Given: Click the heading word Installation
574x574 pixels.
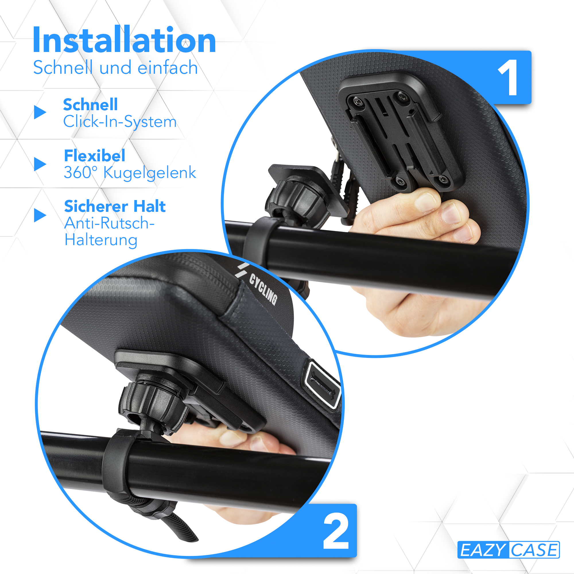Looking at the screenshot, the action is (124, 40).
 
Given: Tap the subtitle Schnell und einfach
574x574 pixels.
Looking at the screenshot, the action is (115, 67).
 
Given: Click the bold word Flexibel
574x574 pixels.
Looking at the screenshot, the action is (94, 155).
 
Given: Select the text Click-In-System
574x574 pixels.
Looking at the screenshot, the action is (120, 121).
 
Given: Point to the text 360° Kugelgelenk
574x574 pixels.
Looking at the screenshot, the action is (130, 173).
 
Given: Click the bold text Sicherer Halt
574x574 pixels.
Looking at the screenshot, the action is (115, 206).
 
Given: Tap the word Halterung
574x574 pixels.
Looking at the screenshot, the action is (101, 240).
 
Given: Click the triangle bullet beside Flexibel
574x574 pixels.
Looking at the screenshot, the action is (40, 164).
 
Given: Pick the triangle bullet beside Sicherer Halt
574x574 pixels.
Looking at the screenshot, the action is (40, 215).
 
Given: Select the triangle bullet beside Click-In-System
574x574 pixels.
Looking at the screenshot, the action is (40, 112).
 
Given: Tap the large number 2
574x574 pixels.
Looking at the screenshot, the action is (336, 531).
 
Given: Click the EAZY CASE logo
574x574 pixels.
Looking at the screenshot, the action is (508, 550).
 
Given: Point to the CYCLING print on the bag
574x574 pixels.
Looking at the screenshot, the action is (263, 289).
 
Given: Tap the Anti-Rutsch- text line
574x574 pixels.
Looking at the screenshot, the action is (109, 223).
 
